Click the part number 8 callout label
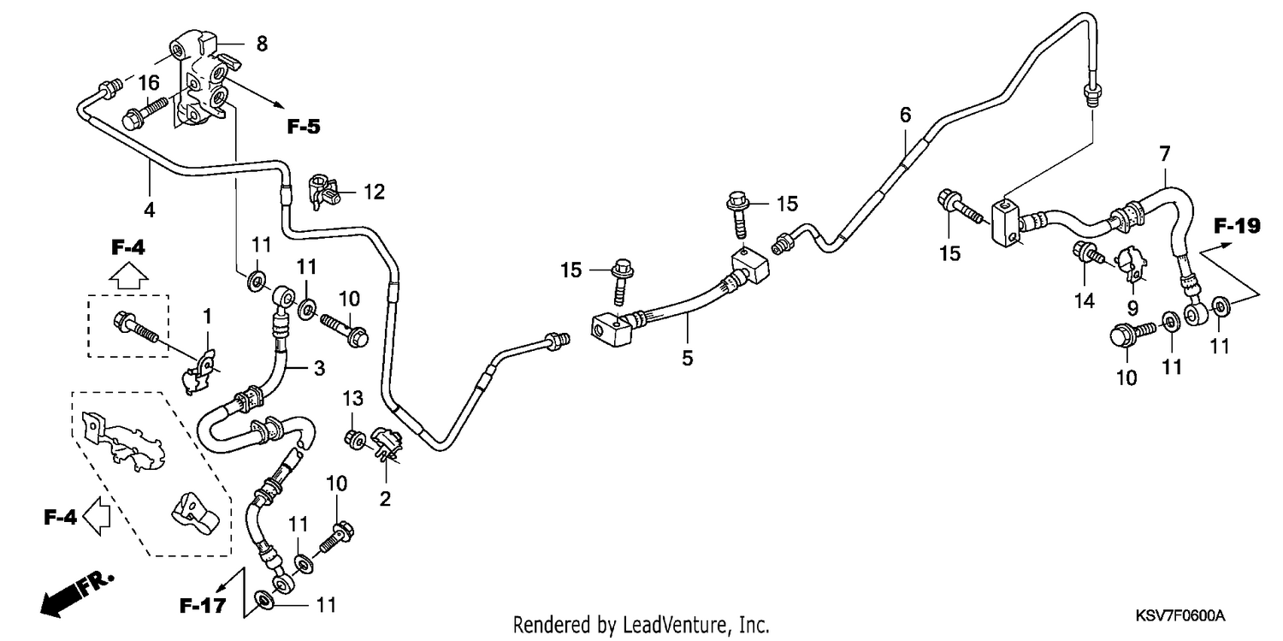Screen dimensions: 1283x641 262,44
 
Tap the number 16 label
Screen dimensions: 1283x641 148,83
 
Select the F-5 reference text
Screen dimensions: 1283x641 304,127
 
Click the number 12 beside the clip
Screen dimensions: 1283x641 374,192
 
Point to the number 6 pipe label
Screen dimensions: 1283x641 905,116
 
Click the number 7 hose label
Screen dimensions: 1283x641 1164,153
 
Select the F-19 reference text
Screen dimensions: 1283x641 1237,226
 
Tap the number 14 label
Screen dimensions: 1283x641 1085,300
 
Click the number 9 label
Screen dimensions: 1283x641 1132,309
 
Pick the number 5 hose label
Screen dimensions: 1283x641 688,359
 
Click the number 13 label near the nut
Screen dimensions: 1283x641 352,398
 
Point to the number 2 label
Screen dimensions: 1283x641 385,499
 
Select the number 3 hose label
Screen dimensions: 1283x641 319,368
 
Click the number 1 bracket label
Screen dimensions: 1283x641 207,316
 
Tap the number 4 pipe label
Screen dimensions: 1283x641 149,210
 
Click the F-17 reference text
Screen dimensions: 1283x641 203,606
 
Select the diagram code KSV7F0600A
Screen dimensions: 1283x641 1180,616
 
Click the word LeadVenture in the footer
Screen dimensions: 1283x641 676,624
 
